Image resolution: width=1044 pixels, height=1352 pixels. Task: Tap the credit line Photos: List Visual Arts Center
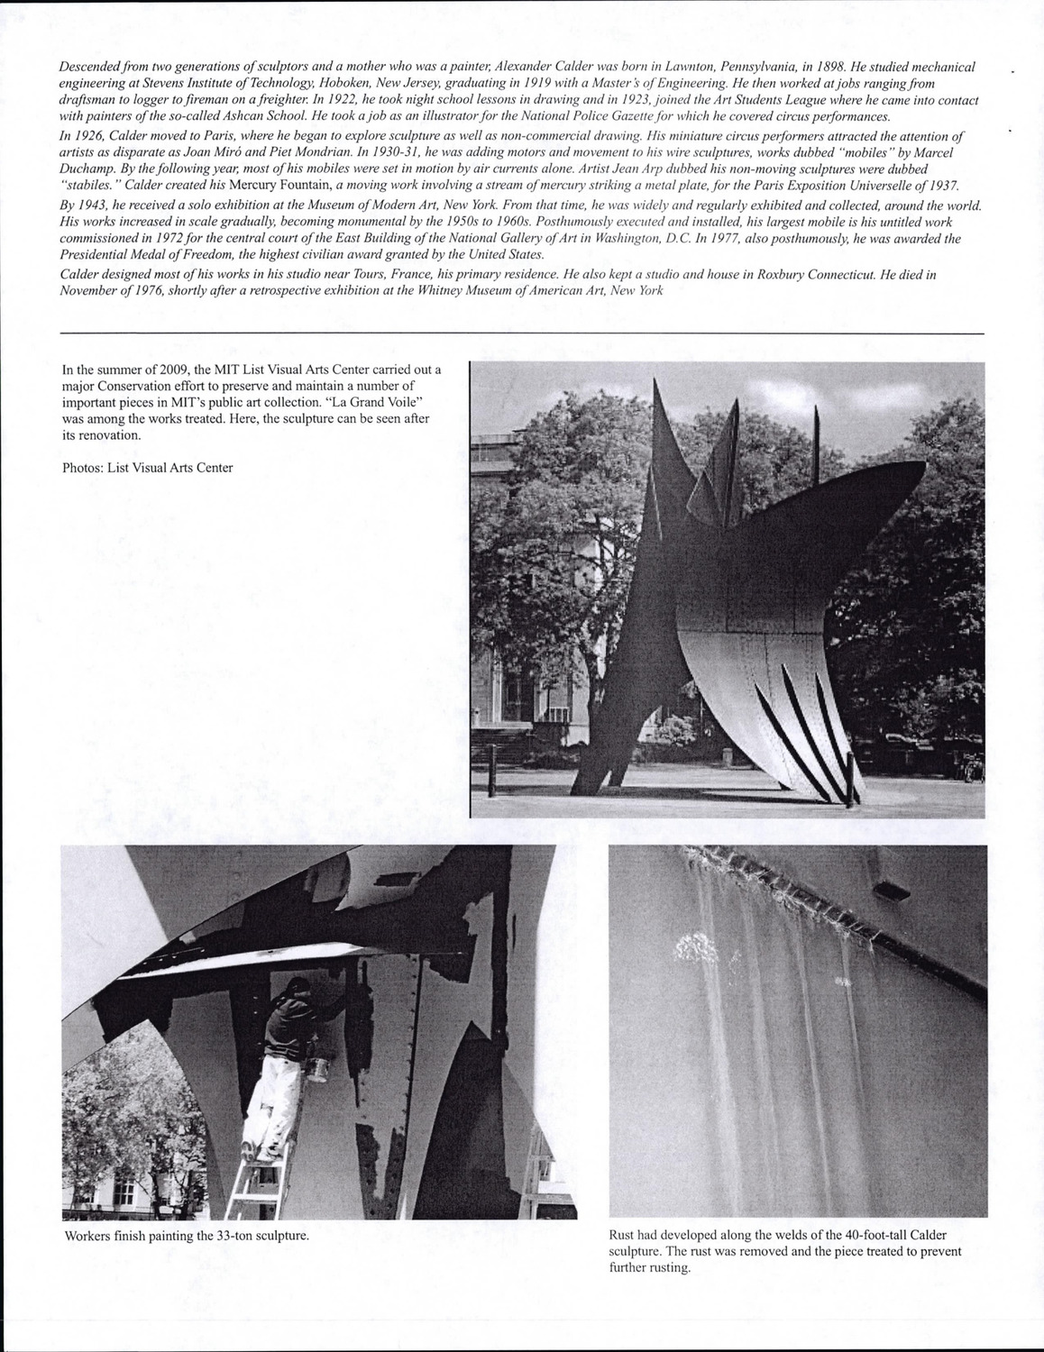coord(148,468)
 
